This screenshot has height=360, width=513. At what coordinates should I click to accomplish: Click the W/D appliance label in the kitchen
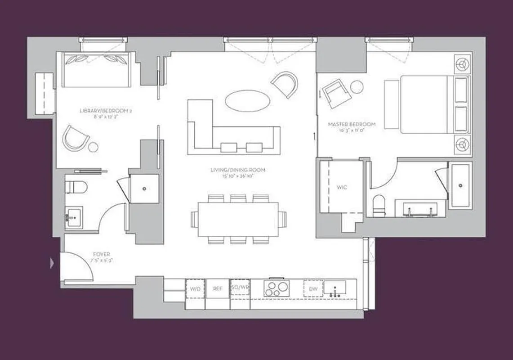(x=195, y=288)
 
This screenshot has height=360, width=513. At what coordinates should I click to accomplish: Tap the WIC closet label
(x=343, y=187)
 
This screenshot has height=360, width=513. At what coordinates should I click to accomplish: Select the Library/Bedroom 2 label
(x=105, y=110)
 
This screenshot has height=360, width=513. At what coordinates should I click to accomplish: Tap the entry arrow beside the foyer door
(x=52, y=263)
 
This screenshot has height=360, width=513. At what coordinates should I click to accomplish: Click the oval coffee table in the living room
(x=245, y=100)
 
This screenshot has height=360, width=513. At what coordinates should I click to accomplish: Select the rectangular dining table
(x=238, y=219)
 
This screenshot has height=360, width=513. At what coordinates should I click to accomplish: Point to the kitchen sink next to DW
(x=335, y=288)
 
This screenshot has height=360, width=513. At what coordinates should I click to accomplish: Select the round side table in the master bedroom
(x=357, y=87)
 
